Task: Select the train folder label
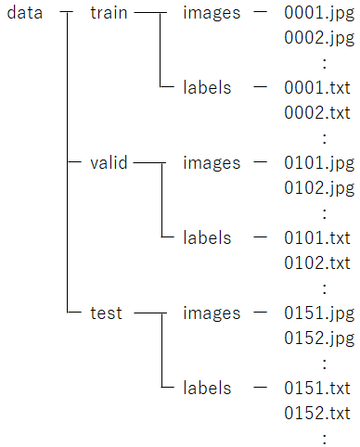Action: point(109,14)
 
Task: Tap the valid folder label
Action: point(109,163)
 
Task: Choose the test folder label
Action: point(106,313)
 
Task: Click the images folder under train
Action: point(212,14)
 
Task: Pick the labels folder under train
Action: point(207,88)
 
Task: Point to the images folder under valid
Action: point(212,163)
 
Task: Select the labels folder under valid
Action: point(207,238)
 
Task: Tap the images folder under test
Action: point(212,313)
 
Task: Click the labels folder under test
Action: point(207,388)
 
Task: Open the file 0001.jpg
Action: point(319,14)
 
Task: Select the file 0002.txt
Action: point(317,112)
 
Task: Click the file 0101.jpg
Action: point(319,163)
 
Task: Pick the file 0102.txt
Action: point(317,262)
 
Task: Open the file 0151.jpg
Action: point(319,313)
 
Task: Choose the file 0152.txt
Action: point(317,412)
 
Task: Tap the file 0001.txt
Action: point(317,88)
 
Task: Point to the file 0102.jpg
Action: point(319,188)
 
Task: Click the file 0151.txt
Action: point(317,388)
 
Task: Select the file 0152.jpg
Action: point(319,338)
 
